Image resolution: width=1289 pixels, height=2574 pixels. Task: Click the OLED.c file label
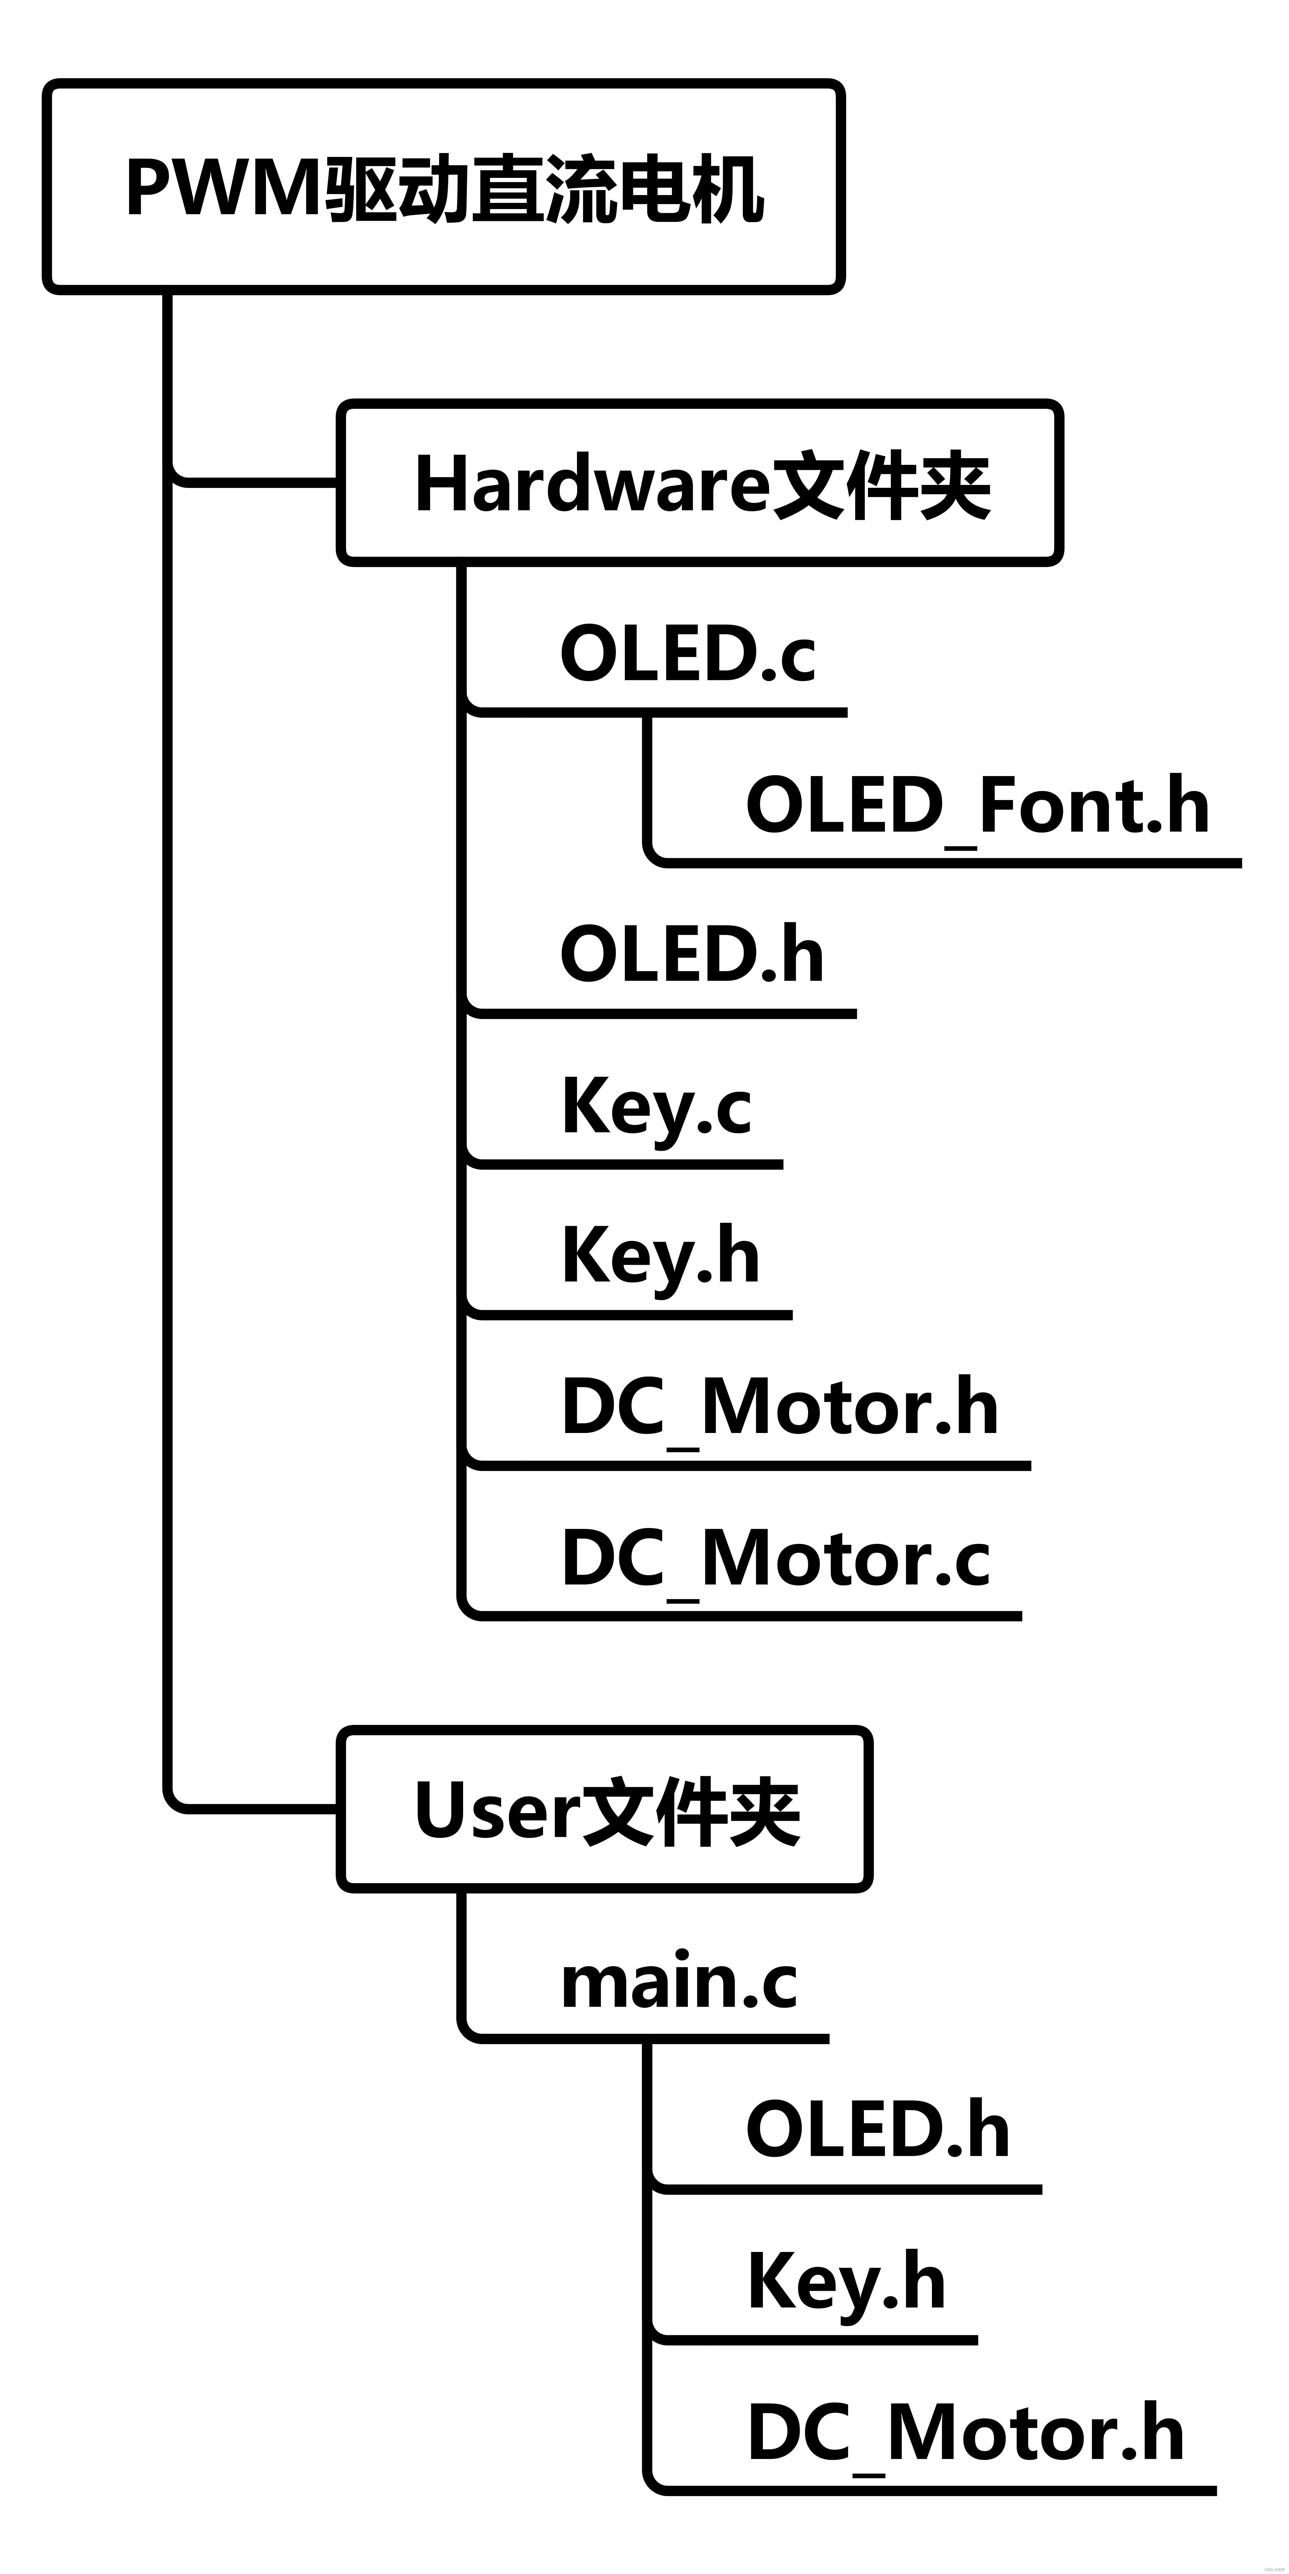[688, 653]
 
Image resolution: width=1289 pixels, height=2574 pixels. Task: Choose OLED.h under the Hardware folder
[691, 954]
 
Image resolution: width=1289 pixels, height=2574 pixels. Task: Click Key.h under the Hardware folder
[660, 1256]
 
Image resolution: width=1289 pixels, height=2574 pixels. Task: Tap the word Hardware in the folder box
[592, 485]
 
